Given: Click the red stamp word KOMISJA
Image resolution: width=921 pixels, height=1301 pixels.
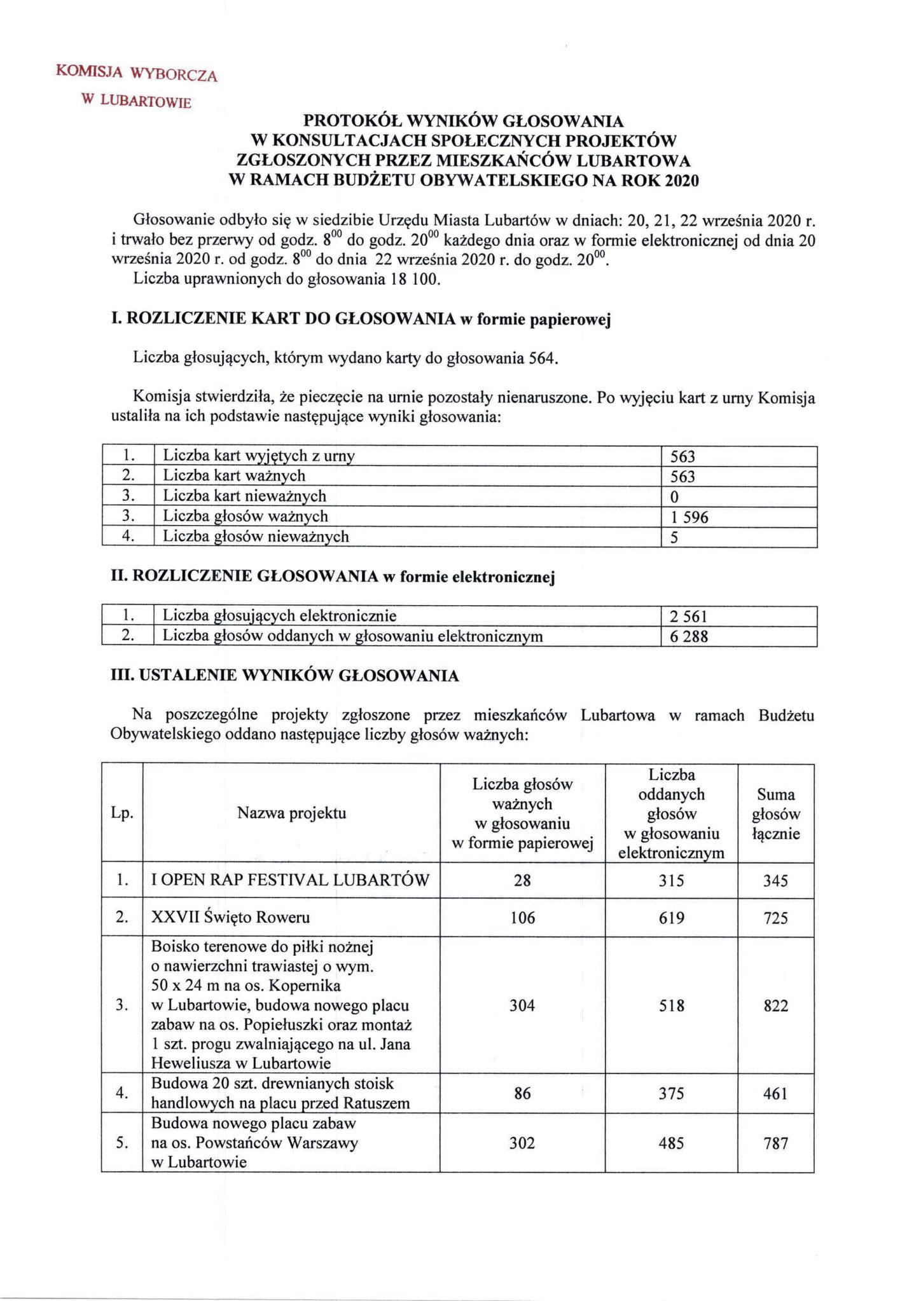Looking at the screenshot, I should tap(89, 72).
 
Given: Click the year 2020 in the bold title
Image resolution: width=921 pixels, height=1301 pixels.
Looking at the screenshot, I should tap(681, 181).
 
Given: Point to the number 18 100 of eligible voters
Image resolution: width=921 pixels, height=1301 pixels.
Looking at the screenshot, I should tap(412, 280).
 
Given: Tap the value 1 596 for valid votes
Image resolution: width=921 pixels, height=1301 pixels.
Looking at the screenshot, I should tap(689, 517).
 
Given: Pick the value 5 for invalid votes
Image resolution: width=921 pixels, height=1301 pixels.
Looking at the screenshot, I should tap(674, 538).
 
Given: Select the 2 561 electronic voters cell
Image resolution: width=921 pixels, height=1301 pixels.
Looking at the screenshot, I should tap(689, 616).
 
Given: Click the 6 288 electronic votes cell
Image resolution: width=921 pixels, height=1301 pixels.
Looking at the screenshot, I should tap(689, 636).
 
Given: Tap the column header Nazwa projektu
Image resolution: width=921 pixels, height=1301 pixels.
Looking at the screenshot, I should tap(291, 813).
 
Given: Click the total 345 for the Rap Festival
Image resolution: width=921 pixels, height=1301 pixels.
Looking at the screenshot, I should tap(776, 881).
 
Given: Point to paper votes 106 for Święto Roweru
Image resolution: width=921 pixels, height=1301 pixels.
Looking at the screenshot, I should tap(522, 918).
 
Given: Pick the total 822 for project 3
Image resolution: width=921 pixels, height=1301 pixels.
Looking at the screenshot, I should tap(776, 1005).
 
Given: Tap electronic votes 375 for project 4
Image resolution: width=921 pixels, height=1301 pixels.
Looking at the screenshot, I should tap(672, 1094).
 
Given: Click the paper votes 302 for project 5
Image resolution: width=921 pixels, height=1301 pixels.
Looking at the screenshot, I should tap(522, 1143).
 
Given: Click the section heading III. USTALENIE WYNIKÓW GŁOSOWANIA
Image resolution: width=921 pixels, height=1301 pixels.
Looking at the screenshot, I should tap(285, 676).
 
